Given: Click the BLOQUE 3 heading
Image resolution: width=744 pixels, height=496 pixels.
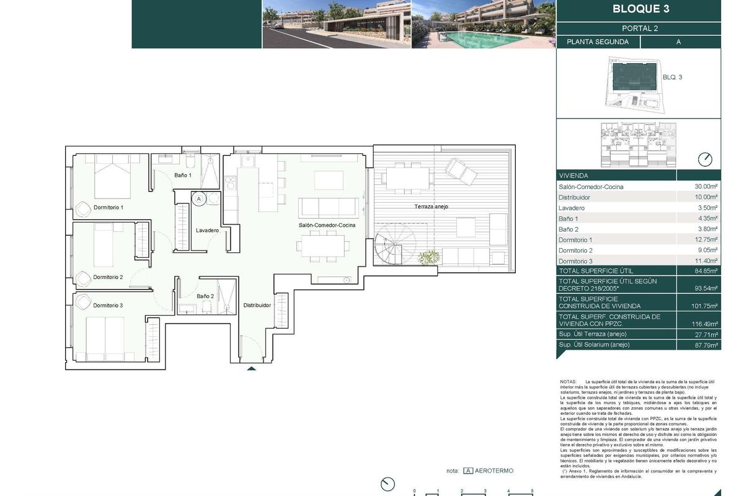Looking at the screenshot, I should [640, 9].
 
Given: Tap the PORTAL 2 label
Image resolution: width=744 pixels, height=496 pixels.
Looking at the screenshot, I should [639, 29].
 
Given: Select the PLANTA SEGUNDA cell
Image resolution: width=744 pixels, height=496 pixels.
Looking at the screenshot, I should [598, 42].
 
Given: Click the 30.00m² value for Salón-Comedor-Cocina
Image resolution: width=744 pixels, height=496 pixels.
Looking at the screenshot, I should [706, 187].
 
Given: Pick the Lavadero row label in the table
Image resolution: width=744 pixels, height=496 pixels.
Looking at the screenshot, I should [572, 208].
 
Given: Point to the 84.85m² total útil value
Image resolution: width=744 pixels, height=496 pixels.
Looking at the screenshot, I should [706, 271].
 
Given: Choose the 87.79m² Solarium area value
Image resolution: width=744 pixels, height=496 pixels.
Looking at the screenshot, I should [706, 345].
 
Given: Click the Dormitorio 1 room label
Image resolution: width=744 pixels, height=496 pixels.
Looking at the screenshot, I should [108, 207].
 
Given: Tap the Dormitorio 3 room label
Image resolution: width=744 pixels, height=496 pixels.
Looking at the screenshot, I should [108, 305].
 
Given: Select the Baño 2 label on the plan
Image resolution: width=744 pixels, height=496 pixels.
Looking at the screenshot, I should [205, 296].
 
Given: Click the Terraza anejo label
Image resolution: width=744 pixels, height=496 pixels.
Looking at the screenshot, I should [432, 206].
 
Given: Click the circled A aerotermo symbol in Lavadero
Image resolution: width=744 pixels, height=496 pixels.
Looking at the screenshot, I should [199, 199].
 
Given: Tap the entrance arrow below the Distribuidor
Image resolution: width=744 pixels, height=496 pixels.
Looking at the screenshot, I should [251, 369].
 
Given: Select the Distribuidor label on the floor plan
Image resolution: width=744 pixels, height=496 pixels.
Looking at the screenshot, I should [257, 305].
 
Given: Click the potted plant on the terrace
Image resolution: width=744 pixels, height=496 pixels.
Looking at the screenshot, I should [428, 256].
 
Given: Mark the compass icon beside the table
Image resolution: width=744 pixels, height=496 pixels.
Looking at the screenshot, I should [705, 159].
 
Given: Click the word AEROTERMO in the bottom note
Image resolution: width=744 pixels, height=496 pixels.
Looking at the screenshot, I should [495, 471].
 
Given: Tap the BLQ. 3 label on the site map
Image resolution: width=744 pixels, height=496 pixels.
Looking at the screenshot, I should [673, 77].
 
